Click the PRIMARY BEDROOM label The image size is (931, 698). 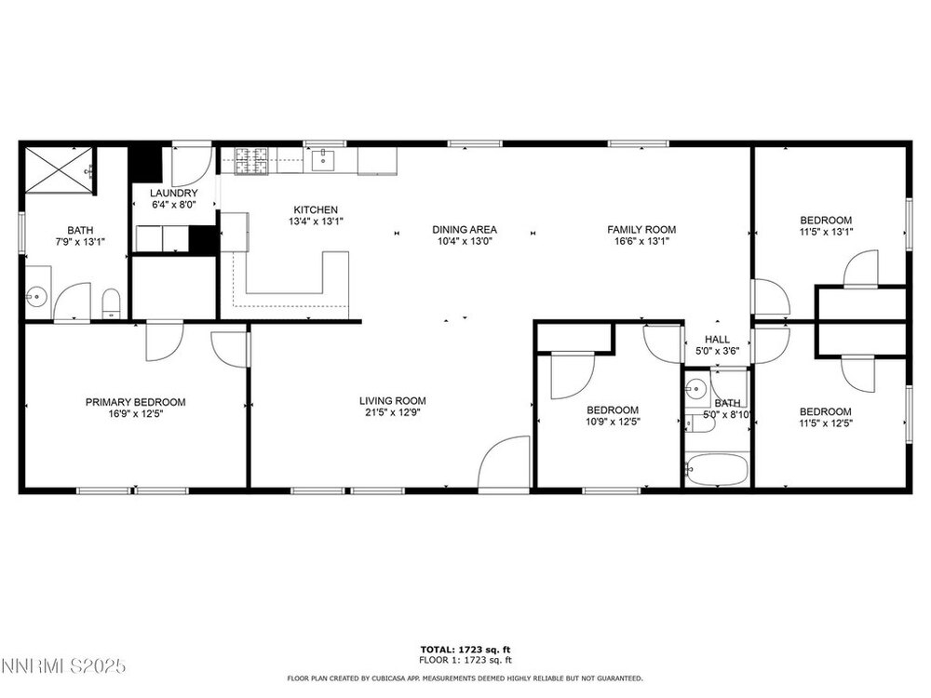pyautogui.click(x=135, y=402)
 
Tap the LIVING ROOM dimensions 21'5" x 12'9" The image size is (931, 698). pyautogui.click(x=393, y=412)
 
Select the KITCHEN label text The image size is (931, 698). pyautogui.click(x=316, y=209)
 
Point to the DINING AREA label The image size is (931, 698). pyautogui.click(x=465, y=229)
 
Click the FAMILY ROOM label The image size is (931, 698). pyautogui.click(x=641, y=229)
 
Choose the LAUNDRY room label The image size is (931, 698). pyautogui.click(x=173, y=193)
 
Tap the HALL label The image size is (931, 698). pyautogui.click(x=717, y=340)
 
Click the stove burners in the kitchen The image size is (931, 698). pyautogui.click(x=251, y=161)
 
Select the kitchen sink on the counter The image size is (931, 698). pyautogui.click(x=322, y=160)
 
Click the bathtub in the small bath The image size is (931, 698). pyautogui.click(x=717, y=469)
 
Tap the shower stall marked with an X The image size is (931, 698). pyautogui.click(x=60, y=169)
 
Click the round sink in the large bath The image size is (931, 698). pyautogui.click(x=37, y=295)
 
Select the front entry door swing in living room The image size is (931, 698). pyautogui.click(x=504, y=463)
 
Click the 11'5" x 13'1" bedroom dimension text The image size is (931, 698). pyautogui.click(x=825, y=232)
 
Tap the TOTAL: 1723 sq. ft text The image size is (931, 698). pyautogui.click(x=465, y=650)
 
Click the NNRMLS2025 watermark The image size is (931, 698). pyautogui.click(x=63, y=666)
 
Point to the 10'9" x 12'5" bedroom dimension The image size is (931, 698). pyautogui.click(x=613, y=422)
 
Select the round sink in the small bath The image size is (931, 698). pyautogui.click(x=694, y=390)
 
